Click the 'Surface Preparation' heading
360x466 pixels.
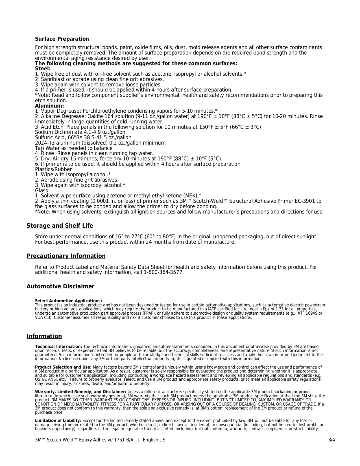pos(62,39)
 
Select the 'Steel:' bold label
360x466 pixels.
pos(43,69)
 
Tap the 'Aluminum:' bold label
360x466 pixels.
pos(49,106)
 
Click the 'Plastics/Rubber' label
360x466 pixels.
pos(53,169)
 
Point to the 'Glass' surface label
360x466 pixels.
pos(42,191)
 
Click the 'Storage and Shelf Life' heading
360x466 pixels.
pos(60,226)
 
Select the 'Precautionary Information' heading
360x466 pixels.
pos(66,256)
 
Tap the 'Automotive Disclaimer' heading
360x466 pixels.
pos(60,286)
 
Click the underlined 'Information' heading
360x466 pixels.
pos(44,336)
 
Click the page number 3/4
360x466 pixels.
pos(331,440)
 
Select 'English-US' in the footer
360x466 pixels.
pos(154,440)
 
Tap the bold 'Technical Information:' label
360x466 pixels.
pos(58,347)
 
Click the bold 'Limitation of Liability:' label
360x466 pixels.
pos(58,421)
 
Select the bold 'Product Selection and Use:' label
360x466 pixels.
pos(63,367)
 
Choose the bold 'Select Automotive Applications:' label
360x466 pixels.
pos(68,301)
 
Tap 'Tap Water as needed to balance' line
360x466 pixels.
pos(74,148)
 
